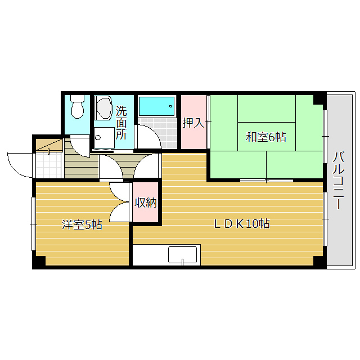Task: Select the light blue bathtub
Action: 156,105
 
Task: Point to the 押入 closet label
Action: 193,122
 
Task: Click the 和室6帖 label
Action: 265,136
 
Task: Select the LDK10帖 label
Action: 241,224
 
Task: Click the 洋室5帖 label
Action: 82,225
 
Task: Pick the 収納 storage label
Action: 146,202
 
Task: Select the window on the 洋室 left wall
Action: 33,224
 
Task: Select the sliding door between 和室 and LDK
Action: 266,180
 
